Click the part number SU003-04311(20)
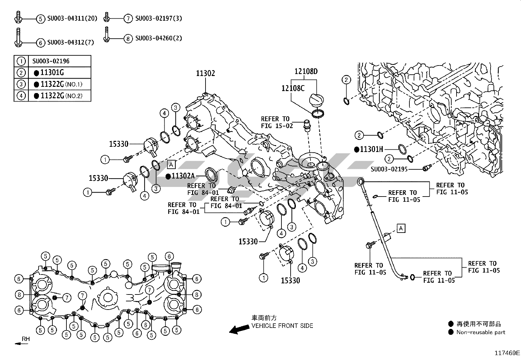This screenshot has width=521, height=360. coord(72,19)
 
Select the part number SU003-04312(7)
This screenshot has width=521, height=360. coord(71,42)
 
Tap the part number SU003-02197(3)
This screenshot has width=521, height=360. coord(158,18)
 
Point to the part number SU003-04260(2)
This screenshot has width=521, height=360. coord(158,38)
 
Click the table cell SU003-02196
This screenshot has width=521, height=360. coord(51,61)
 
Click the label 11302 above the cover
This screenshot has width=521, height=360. coord(206,73)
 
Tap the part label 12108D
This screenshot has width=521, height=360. coord(306,71)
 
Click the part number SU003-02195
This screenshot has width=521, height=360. coord(389,169)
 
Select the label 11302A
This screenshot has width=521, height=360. coord(183,176)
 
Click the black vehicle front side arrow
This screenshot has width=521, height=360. coord(238,329)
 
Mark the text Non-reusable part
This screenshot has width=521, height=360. coord(481,332)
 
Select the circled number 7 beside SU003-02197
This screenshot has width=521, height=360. coord(128,19)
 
